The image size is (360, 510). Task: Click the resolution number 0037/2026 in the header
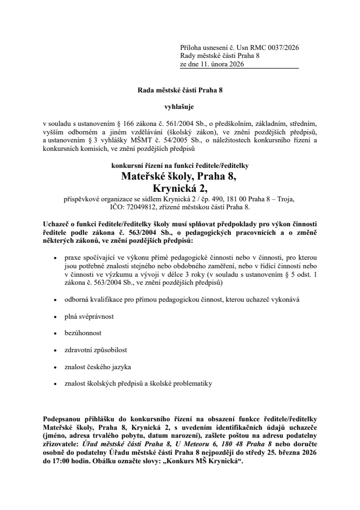click(x=281, y=47)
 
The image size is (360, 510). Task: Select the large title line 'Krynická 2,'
click(x=179, y=188)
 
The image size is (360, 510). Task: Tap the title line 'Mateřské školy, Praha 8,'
click(x=179, y=176)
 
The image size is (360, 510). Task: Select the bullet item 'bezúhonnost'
click(x=80, y=333)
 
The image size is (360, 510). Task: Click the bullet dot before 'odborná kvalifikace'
click(x=56, y=300)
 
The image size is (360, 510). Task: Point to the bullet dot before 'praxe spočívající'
click(x=56, y=257)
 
